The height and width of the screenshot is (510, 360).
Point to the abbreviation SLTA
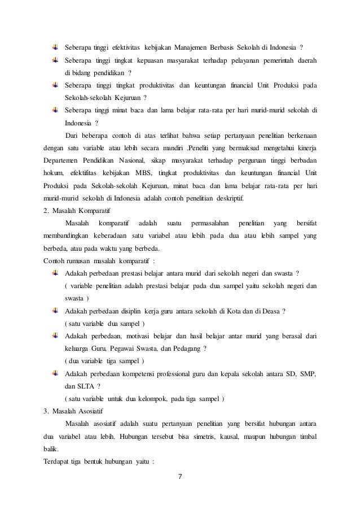[87, 386]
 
